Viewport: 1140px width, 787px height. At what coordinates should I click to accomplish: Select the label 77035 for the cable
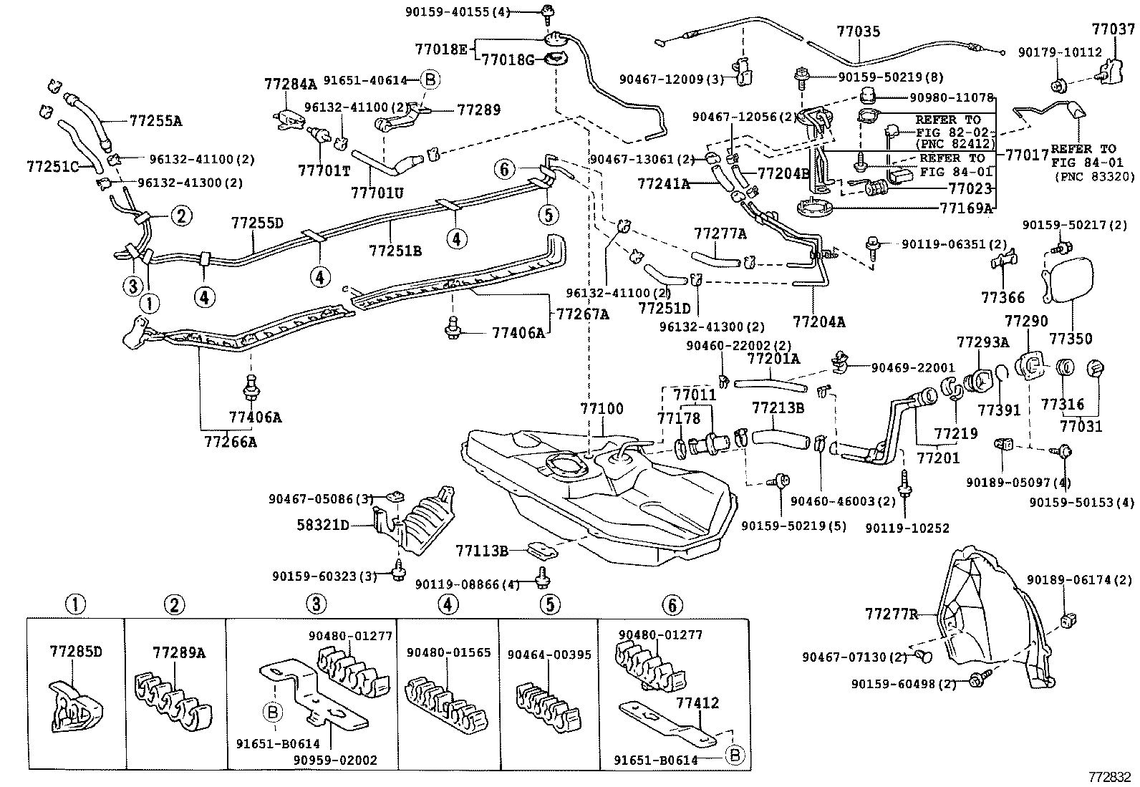tap(858, 32)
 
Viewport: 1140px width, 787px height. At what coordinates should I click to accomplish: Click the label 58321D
tap(323, 525)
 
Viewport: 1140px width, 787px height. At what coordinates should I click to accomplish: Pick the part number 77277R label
tap(891, 614)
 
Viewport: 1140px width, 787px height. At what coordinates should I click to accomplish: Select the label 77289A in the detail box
tap(178, 652)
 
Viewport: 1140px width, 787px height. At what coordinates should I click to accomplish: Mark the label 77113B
tap(481, 550)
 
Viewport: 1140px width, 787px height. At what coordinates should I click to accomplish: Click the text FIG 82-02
tap(952, 132)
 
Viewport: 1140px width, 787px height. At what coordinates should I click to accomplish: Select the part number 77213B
tap(778, 407)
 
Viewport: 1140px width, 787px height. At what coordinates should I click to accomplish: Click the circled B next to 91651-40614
tap(430, 80)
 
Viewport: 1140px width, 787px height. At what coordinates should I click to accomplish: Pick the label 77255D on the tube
tap(257, 222)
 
